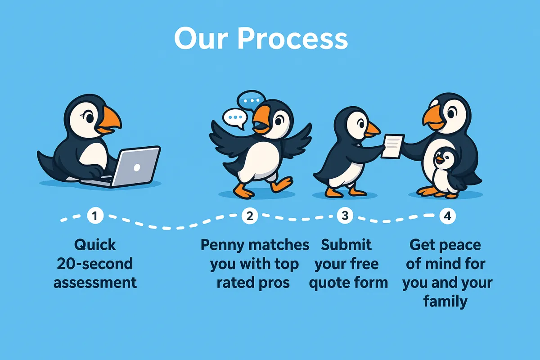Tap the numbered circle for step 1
94,216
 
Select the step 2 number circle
250,216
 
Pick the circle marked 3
345,216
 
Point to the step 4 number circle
447,216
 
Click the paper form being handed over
392,145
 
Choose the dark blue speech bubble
251,99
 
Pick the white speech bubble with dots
234,118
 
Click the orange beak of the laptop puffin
109,119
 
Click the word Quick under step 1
95,245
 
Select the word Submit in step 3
346,245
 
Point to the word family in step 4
445,301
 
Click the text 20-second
95,264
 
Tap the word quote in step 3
331,283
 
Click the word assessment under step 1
95,283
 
